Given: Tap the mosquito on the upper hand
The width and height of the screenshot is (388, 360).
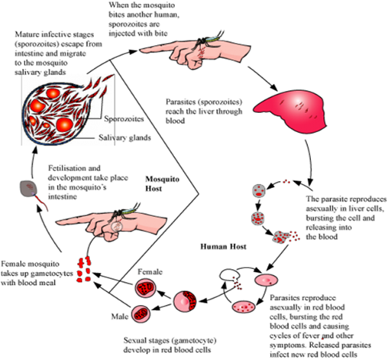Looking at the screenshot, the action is (x=208, y=41).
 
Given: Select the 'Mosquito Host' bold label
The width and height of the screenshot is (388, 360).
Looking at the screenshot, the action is (x=162, y=183).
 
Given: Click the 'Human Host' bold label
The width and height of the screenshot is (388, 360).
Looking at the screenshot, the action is (x=223, y=247).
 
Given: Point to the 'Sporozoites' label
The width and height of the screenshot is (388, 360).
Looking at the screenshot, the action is (x=124, y=118).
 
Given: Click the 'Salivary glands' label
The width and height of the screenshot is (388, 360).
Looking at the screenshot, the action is (x=124, y=138).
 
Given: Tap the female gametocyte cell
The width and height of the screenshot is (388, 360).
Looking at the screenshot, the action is (x=145, y=287).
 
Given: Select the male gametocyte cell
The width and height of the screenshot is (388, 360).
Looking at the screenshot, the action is (x=141, y=313).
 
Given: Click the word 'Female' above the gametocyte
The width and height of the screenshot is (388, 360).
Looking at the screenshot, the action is (x=150, y=272).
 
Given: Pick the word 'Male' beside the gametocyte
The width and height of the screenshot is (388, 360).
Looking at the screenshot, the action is (x=120, y=316).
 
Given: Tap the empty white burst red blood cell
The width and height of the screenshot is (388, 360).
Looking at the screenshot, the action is (x=229, y=274).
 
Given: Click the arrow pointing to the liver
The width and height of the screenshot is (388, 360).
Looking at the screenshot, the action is (x=263, y=78).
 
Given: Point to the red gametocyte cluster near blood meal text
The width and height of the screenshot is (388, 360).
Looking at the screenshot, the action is (x=84, y=269).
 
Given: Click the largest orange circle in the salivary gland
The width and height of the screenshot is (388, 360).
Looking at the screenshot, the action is (x=65, y=125).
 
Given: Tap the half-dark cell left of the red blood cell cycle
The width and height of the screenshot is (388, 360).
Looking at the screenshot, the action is (x=185, y=301).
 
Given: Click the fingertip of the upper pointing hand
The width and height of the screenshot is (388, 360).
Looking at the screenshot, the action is (x=141, y=50).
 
